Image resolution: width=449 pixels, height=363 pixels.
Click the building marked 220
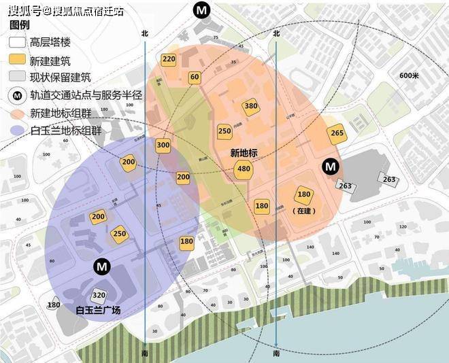click(x=169, y=59)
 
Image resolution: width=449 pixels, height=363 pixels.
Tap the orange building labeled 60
click(x=195, y=77)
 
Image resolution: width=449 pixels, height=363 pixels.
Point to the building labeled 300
click(x=163, y=145)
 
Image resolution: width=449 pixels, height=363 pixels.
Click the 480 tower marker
click(x=244, y=169)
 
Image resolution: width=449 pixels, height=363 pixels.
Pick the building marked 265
click(x=337, y=133)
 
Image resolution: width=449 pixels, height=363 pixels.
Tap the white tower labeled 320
click(x=99, y=295)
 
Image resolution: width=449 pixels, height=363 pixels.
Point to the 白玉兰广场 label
click(x=98, y=310)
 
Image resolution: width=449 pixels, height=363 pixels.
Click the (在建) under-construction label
click(x=304, y=211)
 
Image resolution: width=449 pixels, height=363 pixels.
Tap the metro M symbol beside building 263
click(x=331, y=166)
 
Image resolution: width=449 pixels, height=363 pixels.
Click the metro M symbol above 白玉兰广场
click(x=101, y=266)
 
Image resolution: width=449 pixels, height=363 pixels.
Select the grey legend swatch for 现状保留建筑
click(x=18, y=77)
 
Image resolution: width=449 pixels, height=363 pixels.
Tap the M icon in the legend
click(x=18, y=95)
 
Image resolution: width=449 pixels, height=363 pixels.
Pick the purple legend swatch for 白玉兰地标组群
click(x=18, y=130)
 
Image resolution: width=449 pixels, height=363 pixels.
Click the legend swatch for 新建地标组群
click(x=18, y=113)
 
